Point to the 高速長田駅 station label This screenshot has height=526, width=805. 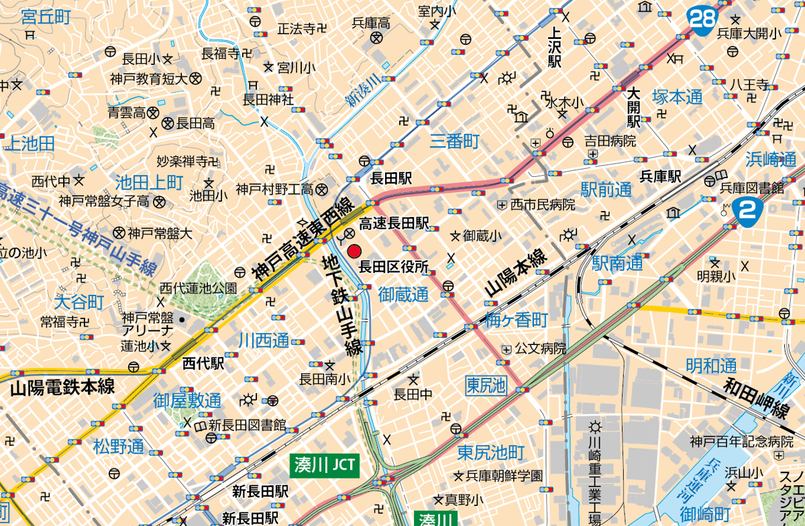pyautogui.click(x=394, y=222)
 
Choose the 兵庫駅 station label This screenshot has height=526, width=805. pyautogui.click(x=660, y=177)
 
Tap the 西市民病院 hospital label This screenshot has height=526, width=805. pyautogui.click(x=542, y=204)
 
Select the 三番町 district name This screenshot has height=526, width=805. pyautogui.click(x=455, y=141)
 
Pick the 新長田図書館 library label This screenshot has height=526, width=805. pyautogui.click(x=247, y=425)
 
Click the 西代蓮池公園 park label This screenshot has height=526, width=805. pyautogui.click(x=198, y=288)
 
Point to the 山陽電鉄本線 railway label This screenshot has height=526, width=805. pyautogui.click(x=62, y=387)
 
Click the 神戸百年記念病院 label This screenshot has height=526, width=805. pyautogui.click(x=744, y=442)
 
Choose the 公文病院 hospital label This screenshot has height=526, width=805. pyautogui.click(x=541, y=349)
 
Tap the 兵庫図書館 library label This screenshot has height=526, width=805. pyautogui.click(x=752, y=188)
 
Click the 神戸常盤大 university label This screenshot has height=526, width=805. pyautogui.click(x=160, y=233)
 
